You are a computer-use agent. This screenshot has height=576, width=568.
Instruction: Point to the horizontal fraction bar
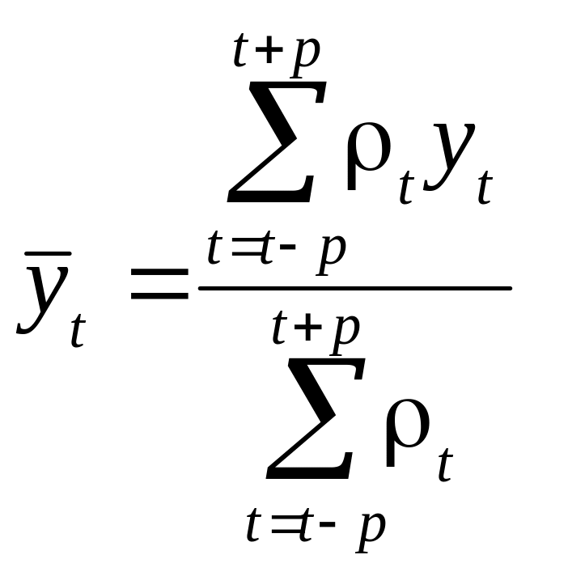[355, 288]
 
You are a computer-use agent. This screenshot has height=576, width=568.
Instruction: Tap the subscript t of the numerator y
[485, 191]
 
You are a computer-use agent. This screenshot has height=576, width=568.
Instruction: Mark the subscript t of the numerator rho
[406, 191]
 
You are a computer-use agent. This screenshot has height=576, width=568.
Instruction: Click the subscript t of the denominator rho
[444, 468]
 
